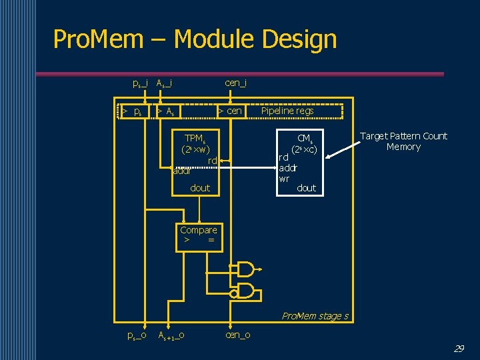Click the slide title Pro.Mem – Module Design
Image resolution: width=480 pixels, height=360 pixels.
click(195, 39)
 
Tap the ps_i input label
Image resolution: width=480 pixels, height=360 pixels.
click(140, 83)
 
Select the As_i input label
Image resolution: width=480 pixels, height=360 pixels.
click(164, 83)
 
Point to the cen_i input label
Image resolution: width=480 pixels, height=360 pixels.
click(236, 83)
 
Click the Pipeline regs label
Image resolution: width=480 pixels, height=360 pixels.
click(287, 111)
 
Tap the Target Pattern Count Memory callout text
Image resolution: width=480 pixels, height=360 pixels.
click(403, 141)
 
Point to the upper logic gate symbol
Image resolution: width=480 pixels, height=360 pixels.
click(245, 269)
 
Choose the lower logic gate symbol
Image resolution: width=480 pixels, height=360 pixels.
click(245, 290)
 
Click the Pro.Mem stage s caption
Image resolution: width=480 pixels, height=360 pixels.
click(315, 316)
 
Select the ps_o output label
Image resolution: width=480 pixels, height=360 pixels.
click(137, 335)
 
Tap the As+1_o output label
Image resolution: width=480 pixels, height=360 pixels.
click(171, 335)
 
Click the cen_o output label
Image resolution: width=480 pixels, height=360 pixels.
click(238, 335)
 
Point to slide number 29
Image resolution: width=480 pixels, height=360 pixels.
click(459, 349)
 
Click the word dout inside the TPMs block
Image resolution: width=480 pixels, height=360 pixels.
click(200, 188)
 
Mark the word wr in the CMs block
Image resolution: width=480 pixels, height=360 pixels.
click(284, 179)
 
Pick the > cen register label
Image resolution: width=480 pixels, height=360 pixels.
click(231, 111)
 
